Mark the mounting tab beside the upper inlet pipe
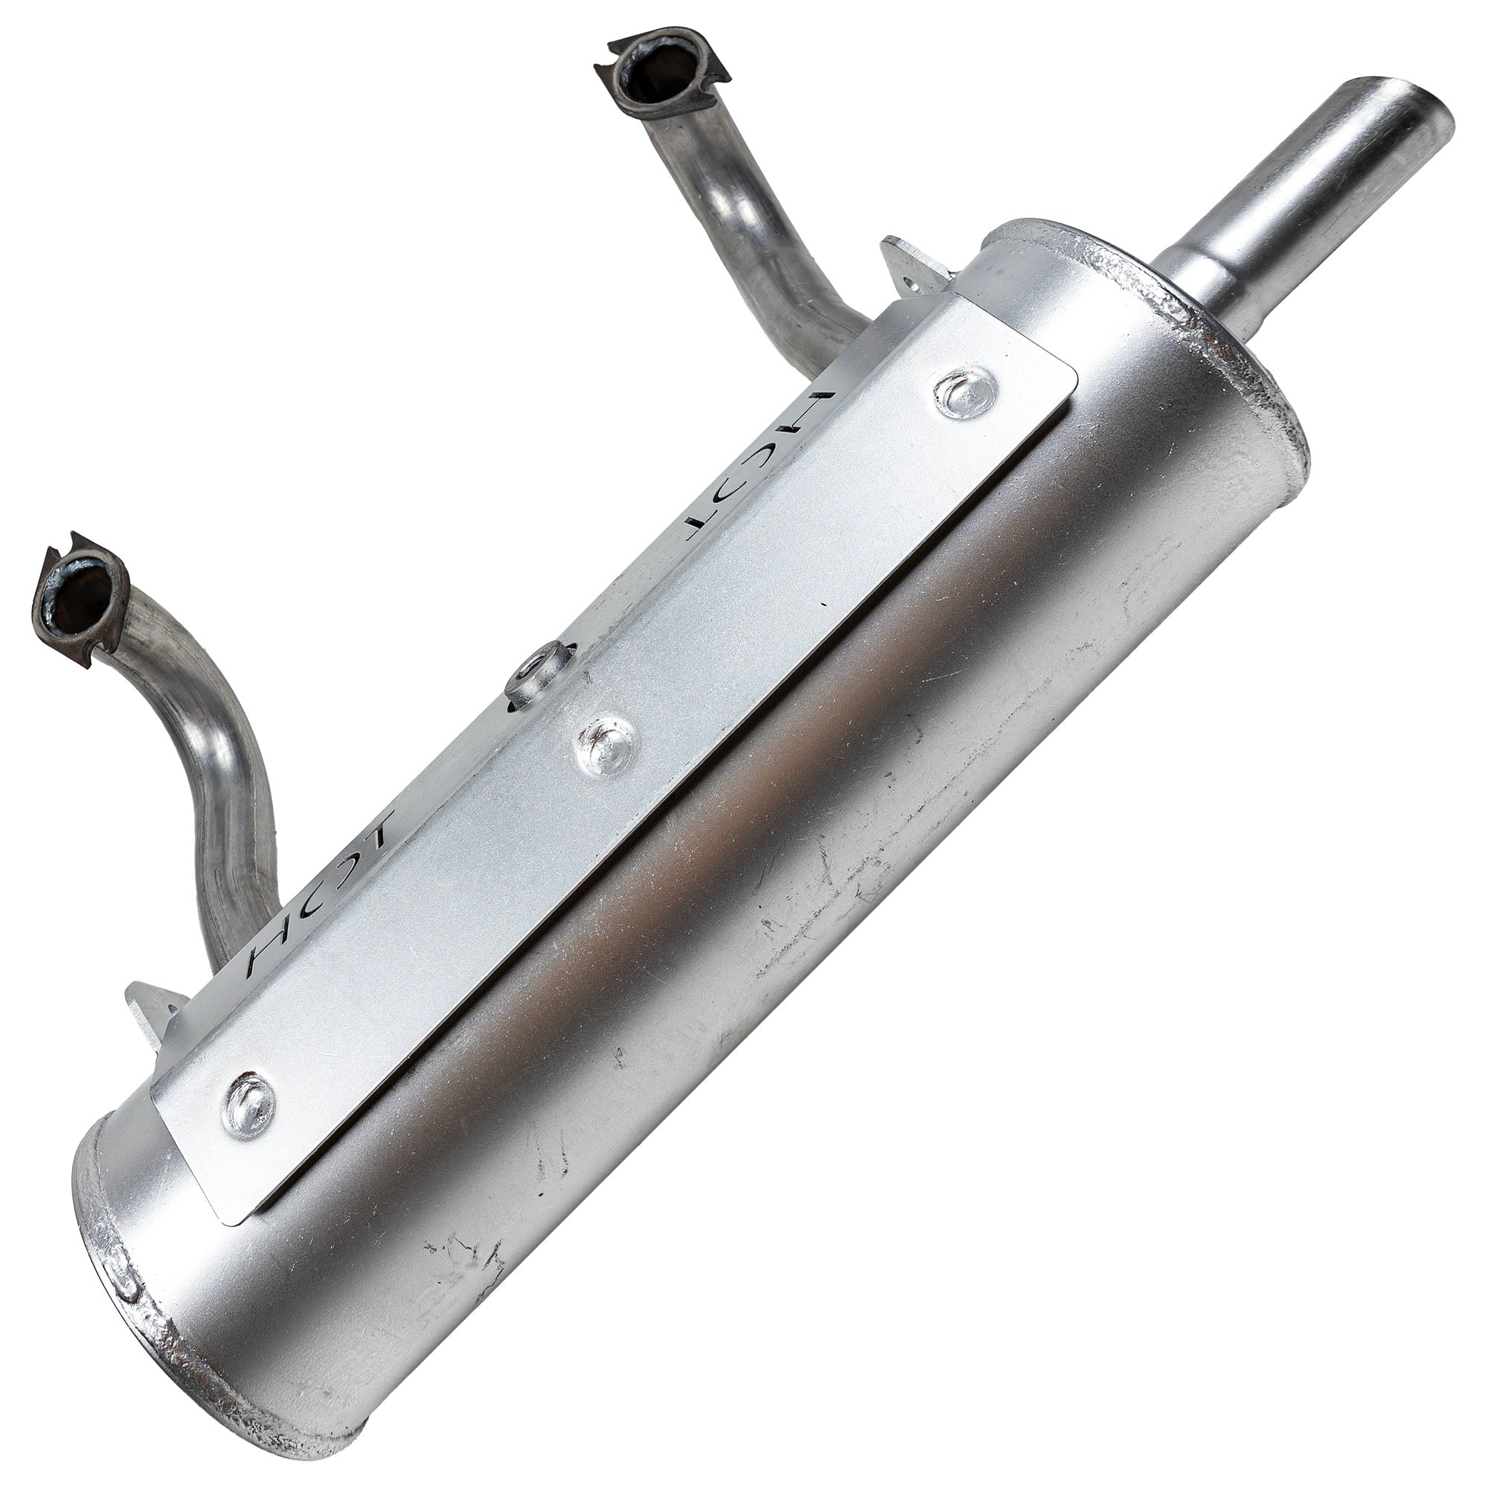click(x=911, y=268)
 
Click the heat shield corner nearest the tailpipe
click(x=1067, y=389)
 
